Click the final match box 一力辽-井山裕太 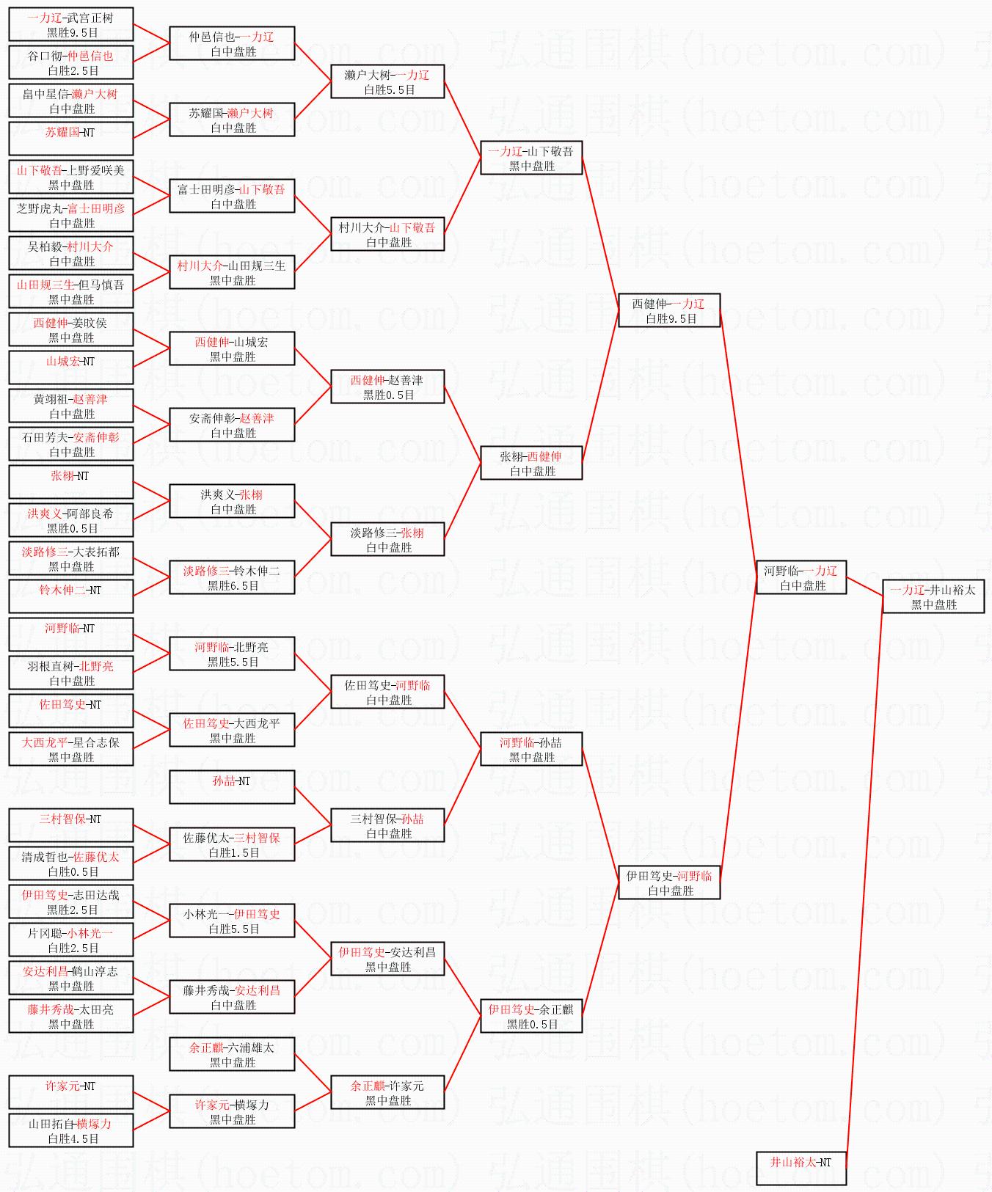[933, 596]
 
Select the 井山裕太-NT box [801, 1169]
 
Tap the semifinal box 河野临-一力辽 [801, 577]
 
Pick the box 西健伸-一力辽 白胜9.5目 [669, 310]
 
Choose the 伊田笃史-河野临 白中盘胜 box [669, 882]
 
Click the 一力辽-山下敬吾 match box [531, 158]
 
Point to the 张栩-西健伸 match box [531, 463]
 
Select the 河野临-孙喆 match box [531, 749]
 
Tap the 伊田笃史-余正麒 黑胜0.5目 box [531, 1016]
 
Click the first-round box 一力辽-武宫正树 [71, 24]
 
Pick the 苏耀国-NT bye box [71, 139]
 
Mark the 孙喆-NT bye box [232, 787]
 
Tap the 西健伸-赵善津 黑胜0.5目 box [387, 387]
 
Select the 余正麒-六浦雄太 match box [232, 1054]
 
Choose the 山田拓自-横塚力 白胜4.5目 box [71, 1130]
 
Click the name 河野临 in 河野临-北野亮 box [212, 647]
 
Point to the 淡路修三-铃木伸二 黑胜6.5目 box [232, 577]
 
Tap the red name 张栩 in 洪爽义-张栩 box [251, 494]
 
